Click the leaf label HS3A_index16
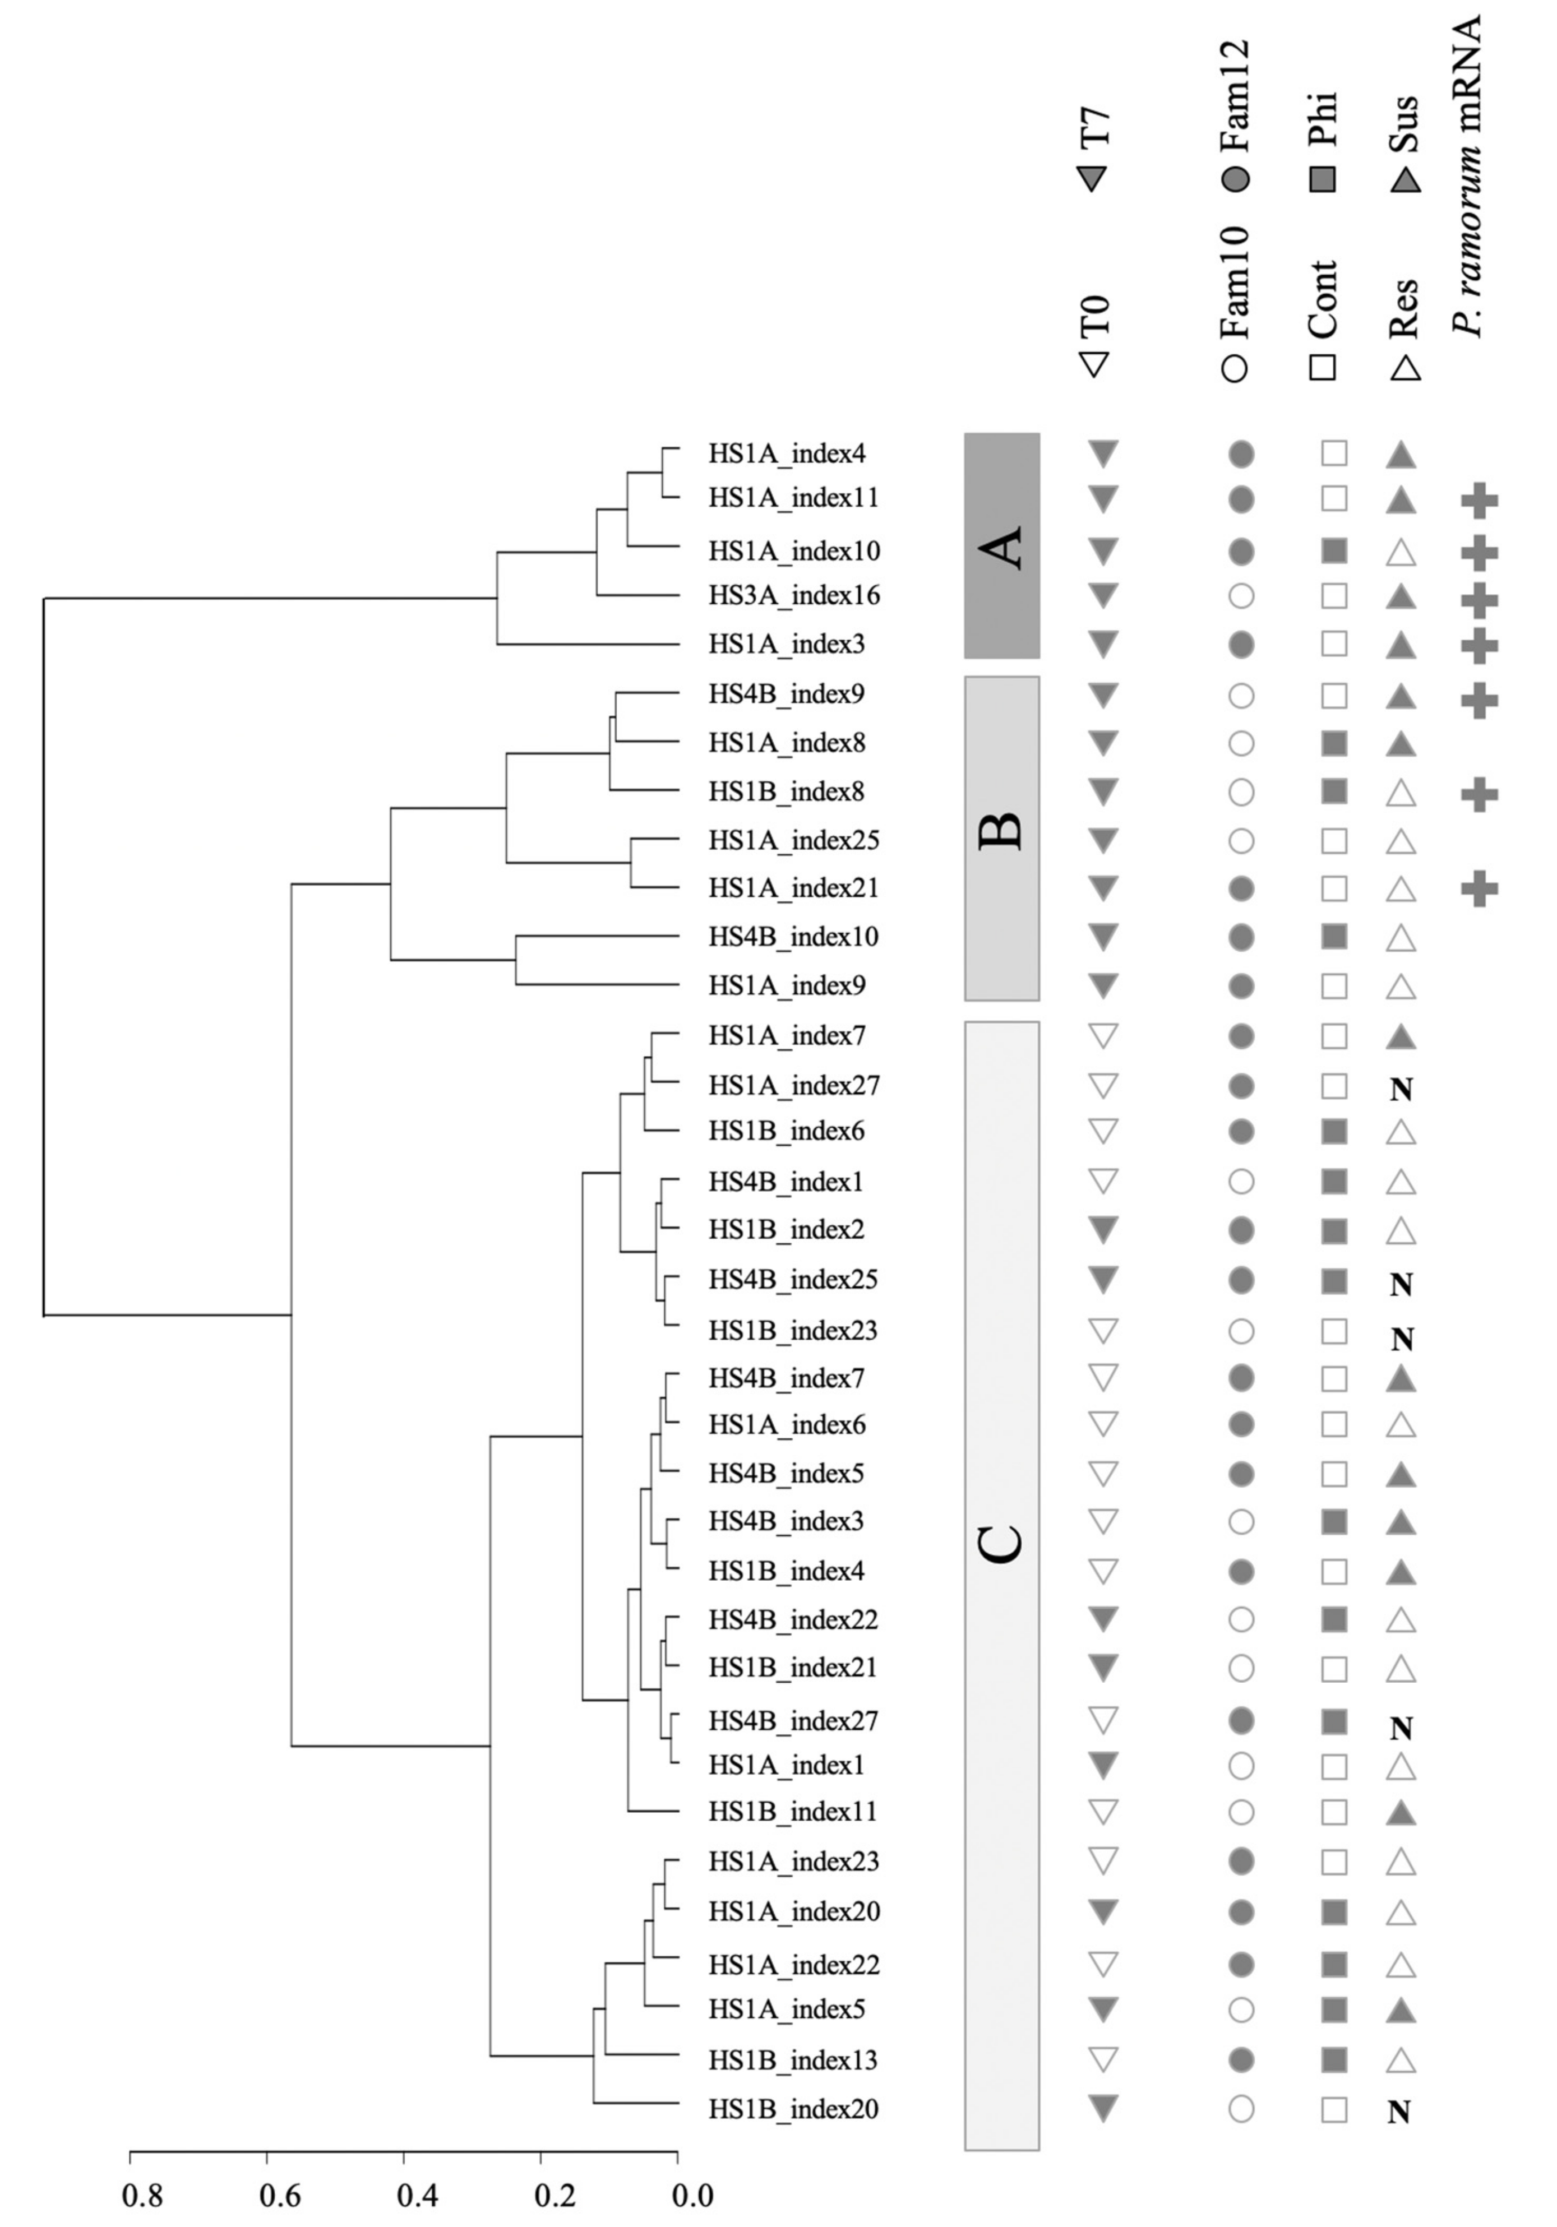(x=793, y=595)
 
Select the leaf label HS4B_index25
(x=793, y=1280)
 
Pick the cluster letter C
(x=1002, y=1544)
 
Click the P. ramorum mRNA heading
(x=1469, y=174)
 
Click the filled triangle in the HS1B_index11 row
(x=1400, y=1812)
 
